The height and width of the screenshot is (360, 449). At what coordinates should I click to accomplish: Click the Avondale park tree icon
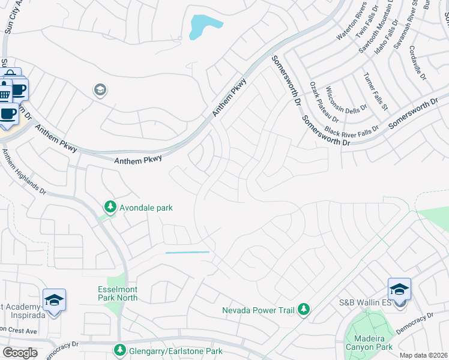pyautogui.click(x=110, y=207)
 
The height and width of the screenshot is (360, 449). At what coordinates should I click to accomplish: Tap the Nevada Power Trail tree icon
pyautogui.click(x=304, y=309)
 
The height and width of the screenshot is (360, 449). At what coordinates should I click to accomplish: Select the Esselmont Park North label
pyautogui.click(x=118, y=293)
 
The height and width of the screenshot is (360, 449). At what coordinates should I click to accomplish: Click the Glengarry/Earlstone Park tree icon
pyautogui.click(x=120, y=350)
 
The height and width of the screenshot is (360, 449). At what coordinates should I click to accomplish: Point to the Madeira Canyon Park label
pyautogui.click(x=369, y=342)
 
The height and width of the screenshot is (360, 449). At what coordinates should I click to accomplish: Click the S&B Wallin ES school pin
pyautogui.click(x=399, y=290)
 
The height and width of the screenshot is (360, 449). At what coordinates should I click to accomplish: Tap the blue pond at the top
pyautogui.click(x=204, y=27)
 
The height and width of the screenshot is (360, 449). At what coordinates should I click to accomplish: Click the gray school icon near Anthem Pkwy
pyautogui.click(x=100, y=91)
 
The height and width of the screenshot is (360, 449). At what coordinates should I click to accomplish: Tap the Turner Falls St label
pyautogui.click(x=375, y=91)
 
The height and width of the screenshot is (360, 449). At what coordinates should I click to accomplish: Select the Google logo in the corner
pyautogui.click(x=19, y=352)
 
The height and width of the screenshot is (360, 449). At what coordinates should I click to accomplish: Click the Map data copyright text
pyautogui.click(x=423, y=355)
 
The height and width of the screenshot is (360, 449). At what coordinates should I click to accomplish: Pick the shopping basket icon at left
pyautogui.click(x=5, y=94)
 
